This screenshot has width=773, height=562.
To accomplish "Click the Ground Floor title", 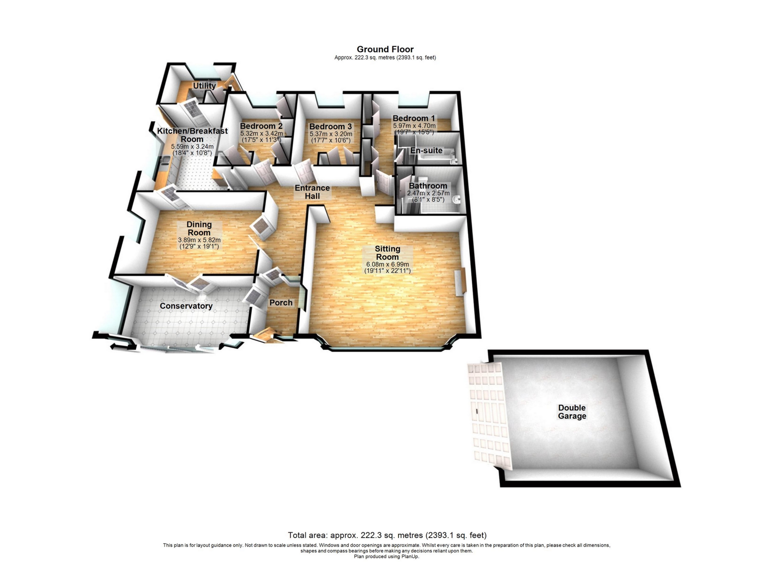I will (x=385, y=49).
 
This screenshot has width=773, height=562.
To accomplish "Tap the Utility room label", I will (x=204, y=86).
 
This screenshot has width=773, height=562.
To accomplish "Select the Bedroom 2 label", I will (x=261, y=126).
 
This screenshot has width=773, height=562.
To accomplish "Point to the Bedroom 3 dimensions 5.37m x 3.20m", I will (x=331, y=134).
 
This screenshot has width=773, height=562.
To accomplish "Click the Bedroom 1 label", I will (x=414, y=118).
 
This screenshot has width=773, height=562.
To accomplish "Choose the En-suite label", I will (x=426, y=150).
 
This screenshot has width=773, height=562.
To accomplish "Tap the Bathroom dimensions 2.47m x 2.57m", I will (x=428, y=193).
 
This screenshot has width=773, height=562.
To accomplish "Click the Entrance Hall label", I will (x=312, y=192).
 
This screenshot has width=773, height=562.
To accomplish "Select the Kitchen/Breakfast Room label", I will (x=192, y=135).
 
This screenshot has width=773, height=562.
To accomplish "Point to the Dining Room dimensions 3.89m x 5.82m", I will (x=199, y=240).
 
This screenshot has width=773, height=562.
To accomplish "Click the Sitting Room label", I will (x=387, y=253).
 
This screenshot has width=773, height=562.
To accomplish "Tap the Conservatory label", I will (x=186, y=306).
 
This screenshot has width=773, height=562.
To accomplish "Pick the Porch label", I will (x=281, y=303).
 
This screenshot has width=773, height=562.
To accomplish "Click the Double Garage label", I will (x=572, y=412).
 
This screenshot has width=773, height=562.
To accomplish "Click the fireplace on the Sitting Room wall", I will (x=460, y=282).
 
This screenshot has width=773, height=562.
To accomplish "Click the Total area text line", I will (x=387, y=535).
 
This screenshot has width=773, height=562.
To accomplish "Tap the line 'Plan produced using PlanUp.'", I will (x=386, y=556).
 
